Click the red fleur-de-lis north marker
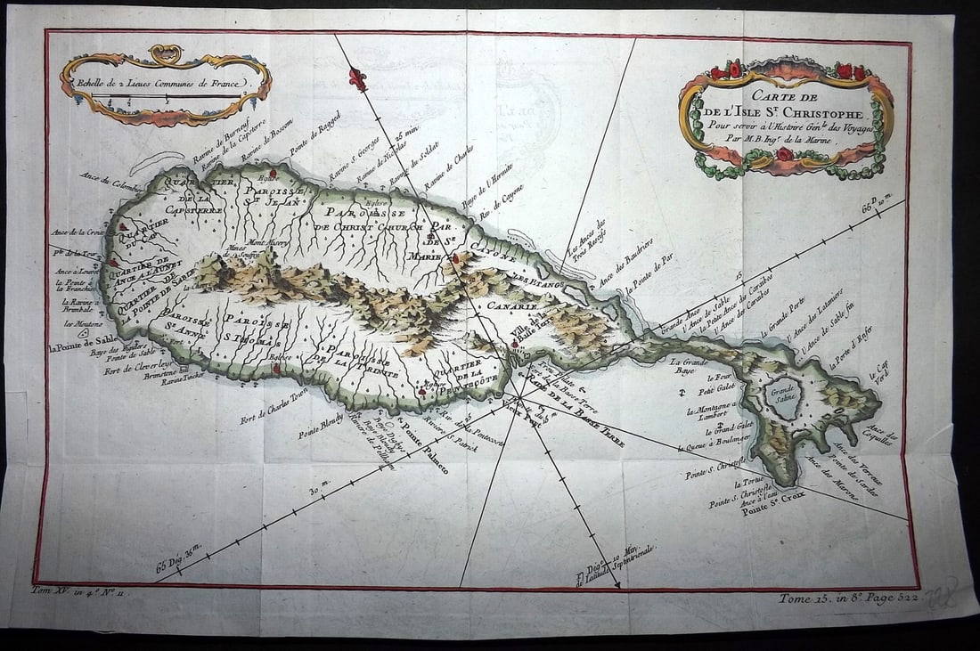(x=357, y=78)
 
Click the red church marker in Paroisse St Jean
(x=274, y=172)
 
